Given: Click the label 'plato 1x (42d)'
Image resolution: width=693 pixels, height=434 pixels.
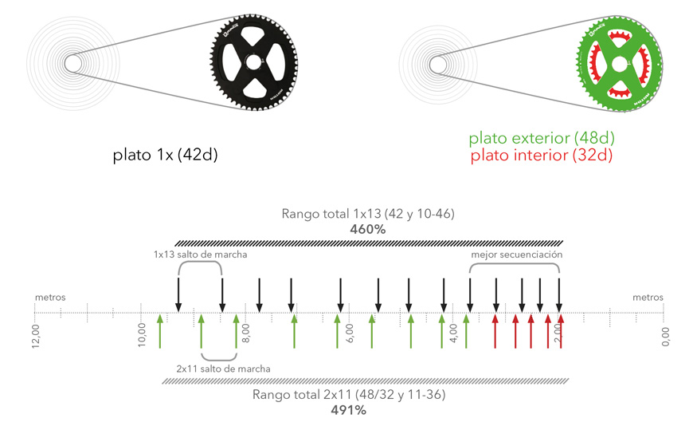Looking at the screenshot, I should [x=165, y=154].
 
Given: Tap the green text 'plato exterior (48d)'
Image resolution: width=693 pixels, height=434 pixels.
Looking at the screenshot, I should [x=542, y=139].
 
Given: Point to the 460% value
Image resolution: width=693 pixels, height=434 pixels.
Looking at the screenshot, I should [x=367, y=229].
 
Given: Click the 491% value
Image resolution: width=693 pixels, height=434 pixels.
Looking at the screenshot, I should [x=348, y=410].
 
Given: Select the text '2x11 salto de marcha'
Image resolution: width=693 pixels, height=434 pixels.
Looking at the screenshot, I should [x=223, y=369].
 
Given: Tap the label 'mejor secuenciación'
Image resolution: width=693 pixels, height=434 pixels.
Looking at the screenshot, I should [x=518, y=254].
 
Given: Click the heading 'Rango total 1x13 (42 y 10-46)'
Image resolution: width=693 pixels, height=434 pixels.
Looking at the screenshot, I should [x=367, y=214].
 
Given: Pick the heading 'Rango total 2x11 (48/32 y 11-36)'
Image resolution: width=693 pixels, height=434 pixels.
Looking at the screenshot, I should [x=348, y=395].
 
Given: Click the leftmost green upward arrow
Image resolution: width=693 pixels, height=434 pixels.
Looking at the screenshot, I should [x=160, y=331].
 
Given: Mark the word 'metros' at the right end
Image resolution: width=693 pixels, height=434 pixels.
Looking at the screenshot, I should [x=648, y=298].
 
